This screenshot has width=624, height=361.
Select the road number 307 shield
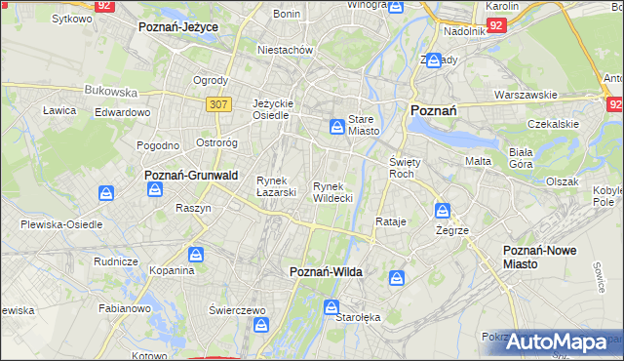217,102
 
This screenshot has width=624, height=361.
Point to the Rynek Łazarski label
276,185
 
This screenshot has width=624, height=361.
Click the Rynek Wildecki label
332,191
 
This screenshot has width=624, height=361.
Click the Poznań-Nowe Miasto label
539,257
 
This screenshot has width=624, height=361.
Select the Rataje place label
390,221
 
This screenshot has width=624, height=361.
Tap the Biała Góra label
523,158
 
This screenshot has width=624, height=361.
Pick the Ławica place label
59,110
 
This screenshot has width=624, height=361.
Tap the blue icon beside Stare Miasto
336,125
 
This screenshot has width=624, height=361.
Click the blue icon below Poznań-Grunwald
154,189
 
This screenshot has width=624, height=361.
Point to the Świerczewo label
237,309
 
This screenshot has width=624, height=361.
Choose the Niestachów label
284,49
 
